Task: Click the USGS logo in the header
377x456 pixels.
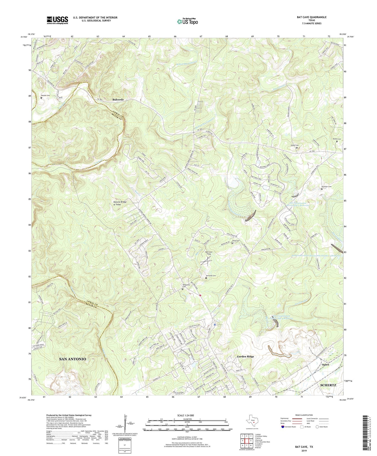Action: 57,20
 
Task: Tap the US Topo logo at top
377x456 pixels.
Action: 187,22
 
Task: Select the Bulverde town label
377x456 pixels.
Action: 118,100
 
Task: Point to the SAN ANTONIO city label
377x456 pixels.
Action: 73,359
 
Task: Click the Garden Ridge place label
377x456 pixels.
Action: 245,356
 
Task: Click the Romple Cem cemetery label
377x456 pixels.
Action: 45,96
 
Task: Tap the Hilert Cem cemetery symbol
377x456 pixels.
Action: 297,148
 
